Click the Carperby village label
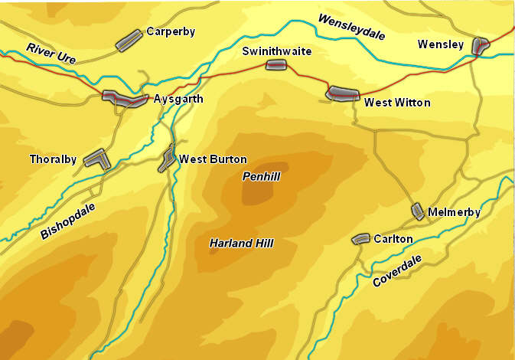coord(171,32)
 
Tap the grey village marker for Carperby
coord(129,41)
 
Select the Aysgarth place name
coord(178,100)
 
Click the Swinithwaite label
coord(277,51)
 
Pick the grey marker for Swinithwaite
coord(275,66)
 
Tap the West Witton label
coord(397,102)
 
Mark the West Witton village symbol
coord(342,93)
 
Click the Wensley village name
coord(441,45)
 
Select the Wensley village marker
coord(481,45)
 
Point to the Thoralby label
coord(53,159)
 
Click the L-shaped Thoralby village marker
coord(97,159)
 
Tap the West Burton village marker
coord(167,158)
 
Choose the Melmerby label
coord(455,212)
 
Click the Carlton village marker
coord(360,239)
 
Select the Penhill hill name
coord(262,176)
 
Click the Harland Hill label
coord(241,243)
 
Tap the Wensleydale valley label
coord(352,28)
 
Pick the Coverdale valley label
coord(398,271)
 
